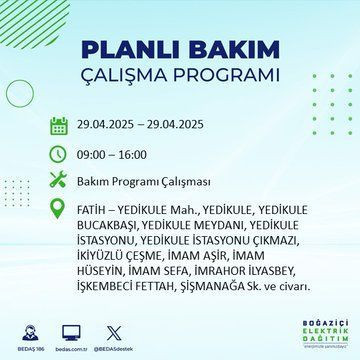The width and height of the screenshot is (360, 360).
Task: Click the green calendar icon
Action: (59, 127)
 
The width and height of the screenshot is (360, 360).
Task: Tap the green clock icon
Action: (59, 155)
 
